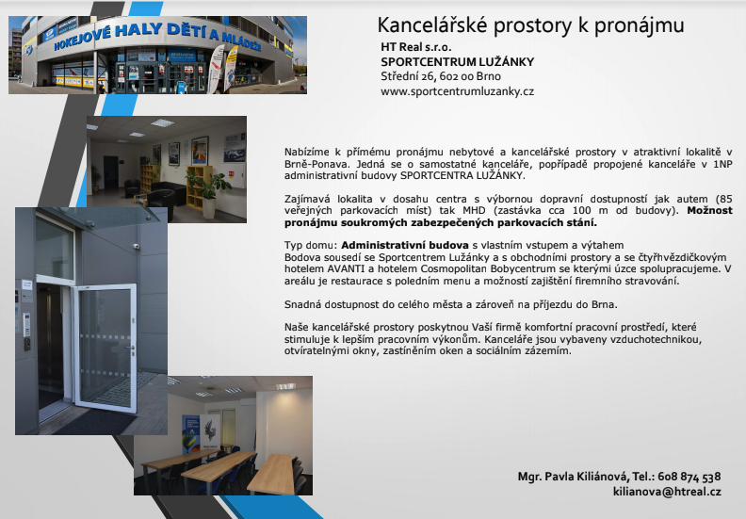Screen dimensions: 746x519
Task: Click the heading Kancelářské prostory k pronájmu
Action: pyautogui.click(x=530, y=25)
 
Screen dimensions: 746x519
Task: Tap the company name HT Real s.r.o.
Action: pyautogui.click(x=415, y=47)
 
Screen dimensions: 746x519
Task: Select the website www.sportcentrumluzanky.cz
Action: pyautogui.click(x=457, y=91)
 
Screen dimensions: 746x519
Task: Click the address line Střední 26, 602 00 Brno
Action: pyautogui.click(x=441, y=76)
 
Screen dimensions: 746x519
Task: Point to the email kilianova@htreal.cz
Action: pyautogui.click(x=667, y=492)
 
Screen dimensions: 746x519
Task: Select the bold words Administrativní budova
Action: pyautogui.click(x=405, y=246)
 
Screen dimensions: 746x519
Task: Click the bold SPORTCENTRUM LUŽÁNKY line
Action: pyautogui.click(x=457, y=62)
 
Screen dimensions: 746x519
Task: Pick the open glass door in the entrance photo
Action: pyautogui.click(x=105, y=347)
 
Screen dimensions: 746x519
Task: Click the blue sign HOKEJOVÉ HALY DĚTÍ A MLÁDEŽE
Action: pyautogui.click(x=157, y=36)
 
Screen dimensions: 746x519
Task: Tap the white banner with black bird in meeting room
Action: pyautogui.click(x=209, y=432)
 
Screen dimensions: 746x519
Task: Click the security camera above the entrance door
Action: pyautogui.click(x=136, y=247)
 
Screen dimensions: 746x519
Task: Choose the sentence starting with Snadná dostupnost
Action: pyautogui.click(x=450, y=305)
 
